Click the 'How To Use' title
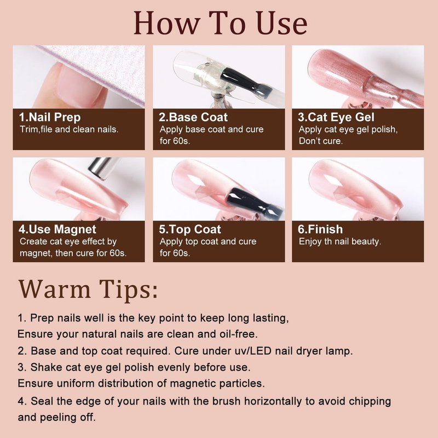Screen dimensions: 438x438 [221, 23]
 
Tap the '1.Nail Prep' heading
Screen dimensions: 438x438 [50, 117]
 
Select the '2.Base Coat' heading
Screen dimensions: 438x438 [193, 117]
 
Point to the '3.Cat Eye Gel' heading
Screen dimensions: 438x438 [336, 117]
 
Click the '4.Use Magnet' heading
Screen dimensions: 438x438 [57, 229]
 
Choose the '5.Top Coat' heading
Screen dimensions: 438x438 [190, 229]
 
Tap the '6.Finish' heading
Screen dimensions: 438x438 [320, 229]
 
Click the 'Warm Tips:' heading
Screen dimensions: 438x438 [88, 290]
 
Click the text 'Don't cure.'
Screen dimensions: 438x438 [321, 141]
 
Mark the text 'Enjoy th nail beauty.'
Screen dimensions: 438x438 [340, 241]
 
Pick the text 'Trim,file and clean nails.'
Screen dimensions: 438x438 [69, 129]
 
